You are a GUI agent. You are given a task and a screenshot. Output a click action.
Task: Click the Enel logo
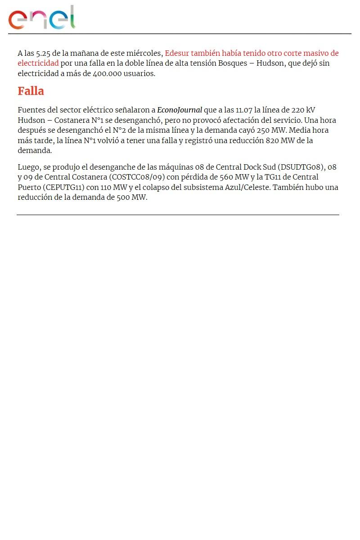click(41, 18)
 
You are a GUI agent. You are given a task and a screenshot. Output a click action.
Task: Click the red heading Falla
click(31, 91)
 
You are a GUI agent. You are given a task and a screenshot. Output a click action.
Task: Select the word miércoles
click(144, 53)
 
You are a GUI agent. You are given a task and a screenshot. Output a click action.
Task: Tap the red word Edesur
click(177, 53)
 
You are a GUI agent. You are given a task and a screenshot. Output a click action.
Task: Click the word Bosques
click(232, 63)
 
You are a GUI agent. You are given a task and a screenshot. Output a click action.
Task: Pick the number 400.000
click(107, 73)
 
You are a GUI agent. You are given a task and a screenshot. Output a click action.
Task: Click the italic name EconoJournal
click(179, 110)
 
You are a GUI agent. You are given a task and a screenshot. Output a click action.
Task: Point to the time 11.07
click(244, 110)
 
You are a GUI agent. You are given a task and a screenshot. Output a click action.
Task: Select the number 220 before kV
click(294, 110)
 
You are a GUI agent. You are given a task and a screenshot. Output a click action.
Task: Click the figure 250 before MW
click(263, 130)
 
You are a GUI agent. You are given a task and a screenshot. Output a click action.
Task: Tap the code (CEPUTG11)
click(64, 187)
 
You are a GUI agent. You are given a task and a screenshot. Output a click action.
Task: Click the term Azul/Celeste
click(247, 187)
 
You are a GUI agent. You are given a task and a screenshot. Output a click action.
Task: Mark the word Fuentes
click(31, 110)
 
